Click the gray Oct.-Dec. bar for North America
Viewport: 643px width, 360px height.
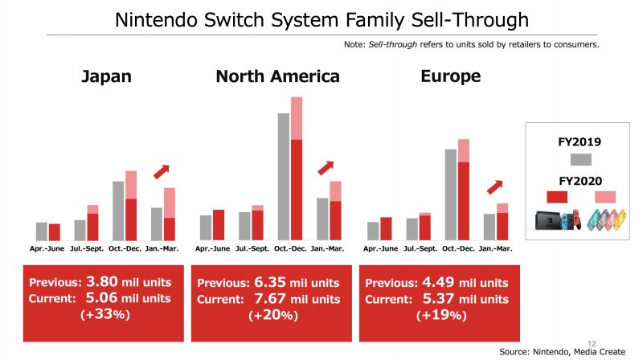284,177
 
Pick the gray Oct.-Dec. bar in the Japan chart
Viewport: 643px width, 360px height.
118,211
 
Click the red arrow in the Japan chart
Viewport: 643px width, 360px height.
162,170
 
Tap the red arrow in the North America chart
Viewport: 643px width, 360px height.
326,167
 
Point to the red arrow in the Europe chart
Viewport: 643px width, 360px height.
494,186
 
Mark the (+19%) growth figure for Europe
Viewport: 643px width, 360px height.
441,315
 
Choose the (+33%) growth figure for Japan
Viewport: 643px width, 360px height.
105,313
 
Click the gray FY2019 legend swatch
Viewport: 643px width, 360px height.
580,158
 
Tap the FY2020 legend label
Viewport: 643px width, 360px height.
580,181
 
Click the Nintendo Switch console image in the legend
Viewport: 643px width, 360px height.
557,218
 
